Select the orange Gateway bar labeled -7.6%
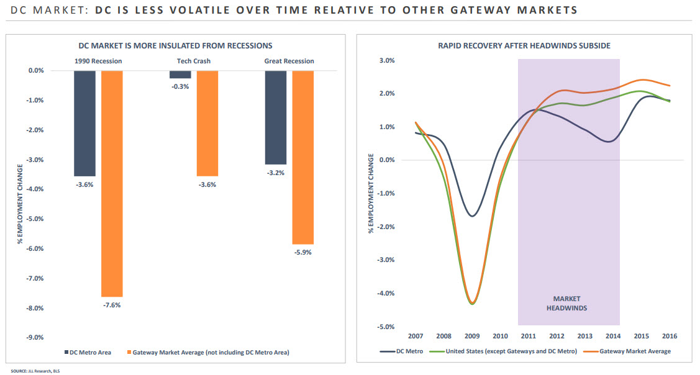[112, 183]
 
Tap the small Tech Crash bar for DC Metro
[180, 75]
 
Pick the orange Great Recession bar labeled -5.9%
[303, 157]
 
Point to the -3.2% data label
[275, 173]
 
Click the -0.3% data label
[180, 86]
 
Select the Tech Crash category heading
[194, 61]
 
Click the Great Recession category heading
[289, 61]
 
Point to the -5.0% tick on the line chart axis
[386, 327]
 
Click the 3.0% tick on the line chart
[387, 61]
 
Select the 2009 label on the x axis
[471, 336]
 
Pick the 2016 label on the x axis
[669, 336]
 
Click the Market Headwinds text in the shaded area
[566, 303]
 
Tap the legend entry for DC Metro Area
[86, 352]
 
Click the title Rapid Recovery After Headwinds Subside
[524, 45]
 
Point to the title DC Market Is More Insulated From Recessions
[175, 45]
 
